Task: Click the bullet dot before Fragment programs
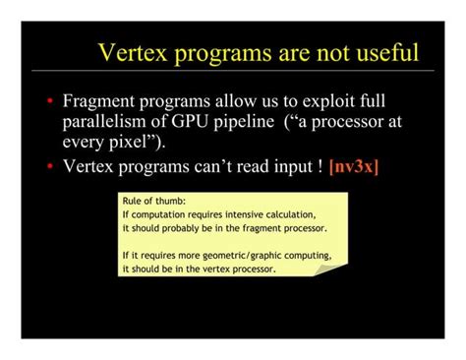pos(49,101)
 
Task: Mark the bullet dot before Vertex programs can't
pos(49,166)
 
